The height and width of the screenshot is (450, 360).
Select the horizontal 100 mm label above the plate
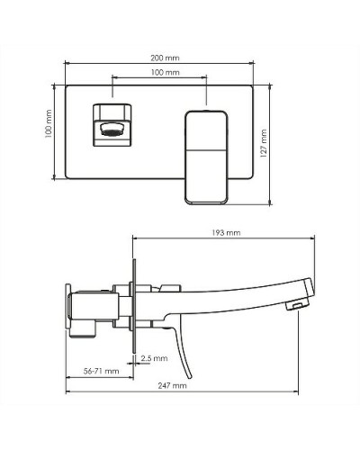point(163,71)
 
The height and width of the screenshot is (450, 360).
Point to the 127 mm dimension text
point(264,142)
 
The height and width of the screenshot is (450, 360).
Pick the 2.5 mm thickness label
point(154,358)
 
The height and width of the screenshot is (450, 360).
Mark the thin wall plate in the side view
point(133,306)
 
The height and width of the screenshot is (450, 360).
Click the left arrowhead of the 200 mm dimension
point(67,64)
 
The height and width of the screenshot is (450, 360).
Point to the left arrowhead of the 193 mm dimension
point(135,238)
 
